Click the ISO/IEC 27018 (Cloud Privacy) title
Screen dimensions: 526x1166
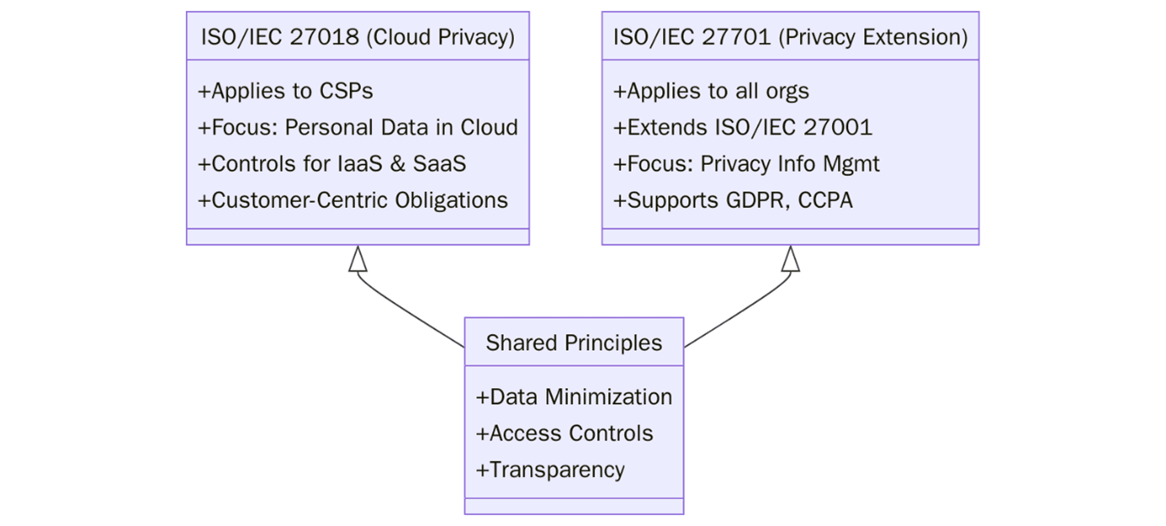(358, 37)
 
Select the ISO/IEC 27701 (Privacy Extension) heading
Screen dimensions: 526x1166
(790, 37)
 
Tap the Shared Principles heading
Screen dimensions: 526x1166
(573, 342)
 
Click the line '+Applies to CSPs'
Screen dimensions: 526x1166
(285, 91)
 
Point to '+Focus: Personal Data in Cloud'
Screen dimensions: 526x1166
(358, 128)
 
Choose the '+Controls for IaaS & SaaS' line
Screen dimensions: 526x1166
(331, 164)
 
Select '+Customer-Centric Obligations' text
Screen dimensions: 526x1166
(353, 200)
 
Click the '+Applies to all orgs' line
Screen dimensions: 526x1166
(710, 91)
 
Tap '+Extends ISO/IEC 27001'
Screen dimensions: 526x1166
(742, 128)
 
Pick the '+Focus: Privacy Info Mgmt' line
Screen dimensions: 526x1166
(746, 164)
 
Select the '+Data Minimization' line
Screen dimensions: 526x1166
(574, 397)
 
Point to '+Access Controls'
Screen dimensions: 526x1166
(564, 433)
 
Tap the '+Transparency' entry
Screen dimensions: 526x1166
(550, 469)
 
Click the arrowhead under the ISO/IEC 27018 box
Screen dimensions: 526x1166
(359, 259)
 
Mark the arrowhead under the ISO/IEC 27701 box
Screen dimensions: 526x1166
(790, 259)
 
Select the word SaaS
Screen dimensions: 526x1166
(439, 164)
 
